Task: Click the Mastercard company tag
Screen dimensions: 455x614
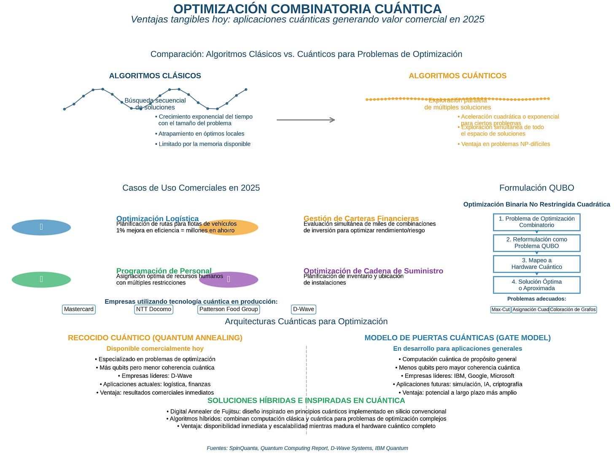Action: [x=79, y=309]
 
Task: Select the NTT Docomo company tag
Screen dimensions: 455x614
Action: [x=153, y=309]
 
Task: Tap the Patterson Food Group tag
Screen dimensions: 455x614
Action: [x=229, y=309]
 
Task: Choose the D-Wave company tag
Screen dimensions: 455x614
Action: [x=304, y=309]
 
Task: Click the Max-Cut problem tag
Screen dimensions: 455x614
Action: [x=501, y=309]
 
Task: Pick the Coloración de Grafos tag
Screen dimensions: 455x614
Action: [x=573, y=309]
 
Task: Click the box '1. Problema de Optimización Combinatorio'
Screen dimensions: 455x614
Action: [x=536, y=222]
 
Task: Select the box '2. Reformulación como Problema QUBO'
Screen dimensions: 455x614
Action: [x=536, y=243]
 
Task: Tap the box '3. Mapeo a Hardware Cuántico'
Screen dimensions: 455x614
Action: [x=536, y=264]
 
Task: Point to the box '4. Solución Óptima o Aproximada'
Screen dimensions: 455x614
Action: [x=536, y=285]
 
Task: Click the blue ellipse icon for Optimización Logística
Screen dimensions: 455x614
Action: [x=41, y=227]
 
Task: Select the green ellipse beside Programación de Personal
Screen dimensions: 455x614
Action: [x=41, y=279]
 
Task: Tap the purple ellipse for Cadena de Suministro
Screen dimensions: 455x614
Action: [x=229, y=279]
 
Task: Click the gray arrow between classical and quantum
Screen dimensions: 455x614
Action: [x=306, y=120]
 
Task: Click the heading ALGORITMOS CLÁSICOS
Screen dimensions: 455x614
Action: [x=155, y=76]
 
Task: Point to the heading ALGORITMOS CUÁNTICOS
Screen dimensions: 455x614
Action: [x=458, y=76]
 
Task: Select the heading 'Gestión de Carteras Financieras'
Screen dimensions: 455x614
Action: [x=361, y=218]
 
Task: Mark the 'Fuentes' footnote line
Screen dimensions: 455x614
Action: [x=307, y=448]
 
